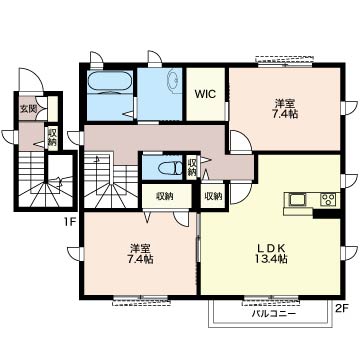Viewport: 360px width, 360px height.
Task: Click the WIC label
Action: pyautogui.click(x=204, y=96)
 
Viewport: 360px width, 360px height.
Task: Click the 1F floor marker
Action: pyautogui.click(x=70, y=221)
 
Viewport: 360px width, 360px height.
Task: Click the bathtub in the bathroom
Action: pyautogui.click(x=109, y=81)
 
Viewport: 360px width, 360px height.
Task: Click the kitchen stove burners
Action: pyautogui.click(x=327, y=201)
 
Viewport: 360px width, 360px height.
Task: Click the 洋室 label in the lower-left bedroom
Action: pyautogui.click(x=139, y=247)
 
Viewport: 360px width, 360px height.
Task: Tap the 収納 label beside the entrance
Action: pyautogui.click(x=51, y=137)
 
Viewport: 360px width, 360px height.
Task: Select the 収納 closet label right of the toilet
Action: pyautogui.click(x=192, y=166)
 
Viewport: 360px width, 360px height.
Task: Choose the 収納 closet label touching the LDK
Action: pyautogui.click(x=213, y=196)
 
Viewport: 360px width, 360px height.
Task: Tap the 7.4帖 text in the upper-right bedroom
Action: pyautogui.click(x=286, y=114)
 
